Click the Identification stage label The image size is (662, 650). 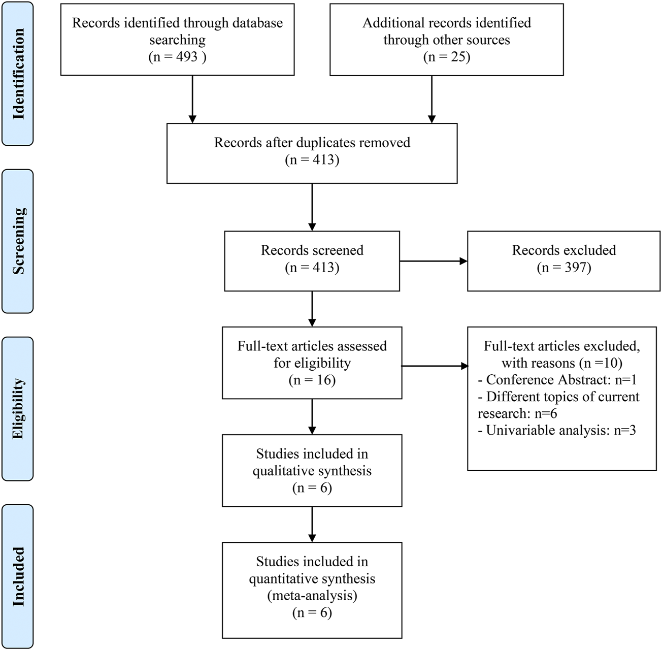click(18, 74)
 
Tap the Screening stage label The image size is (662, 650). click(18, 241)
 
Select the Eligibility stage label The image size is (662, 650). click(18, 408)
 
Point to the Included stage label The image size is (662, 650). click(18, 576)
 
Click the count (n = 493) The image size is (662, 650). click(177, 56)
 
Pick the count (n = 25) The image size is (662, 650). click(446, 56)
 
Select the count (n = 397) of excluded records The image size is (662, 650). click(564, 267)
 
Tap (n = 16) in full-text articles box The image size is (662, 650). click(312, 380)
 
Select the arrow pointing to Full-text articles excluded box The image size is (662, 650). click(435, 366)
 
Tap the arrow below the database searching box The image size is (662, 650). click(192, 99)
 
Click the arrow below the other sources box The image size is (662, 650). click(432, 99)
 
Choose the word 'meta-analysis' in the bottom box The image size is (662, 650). click(312, 595)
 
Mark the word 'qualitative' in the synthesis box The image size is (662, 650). click(281, 471)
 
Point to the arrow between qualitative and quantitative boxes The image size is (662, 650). click(312, 524)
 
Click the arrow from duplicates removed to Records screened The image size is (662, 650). click(312, 207)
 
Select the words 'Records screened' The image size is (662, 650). click(312, 250)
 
